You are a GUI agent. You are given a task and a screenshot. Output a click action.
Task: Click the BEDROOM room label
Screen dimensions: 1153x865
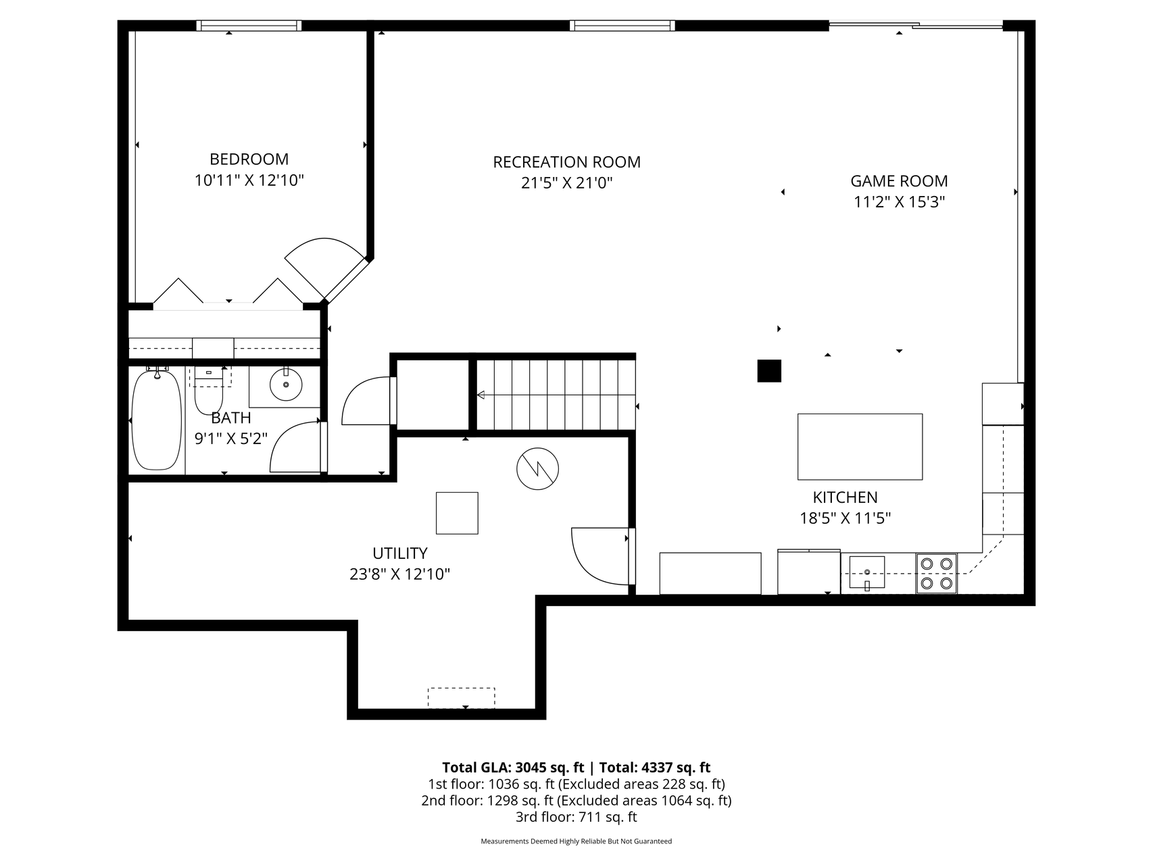tap(249, 159)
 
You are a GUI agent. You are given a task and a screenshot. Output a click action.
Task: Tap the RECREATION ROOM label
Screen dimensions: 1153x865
tap(566, 162)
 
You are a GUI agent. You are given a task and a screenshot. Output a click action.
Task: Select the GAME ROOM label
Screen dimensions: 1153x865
tap(899, 181)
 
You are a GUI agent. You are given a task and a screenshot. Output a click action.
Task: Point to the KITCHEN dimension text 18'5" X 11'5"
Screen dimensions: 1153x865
tap(845, 518)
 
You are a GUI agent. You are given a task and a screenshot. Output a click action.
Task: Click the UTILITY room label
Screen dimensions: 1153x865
tap(400, 553)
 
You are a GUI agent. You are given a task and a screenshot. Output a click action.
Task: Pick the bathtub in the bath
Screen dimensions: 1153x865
tap(157, 419)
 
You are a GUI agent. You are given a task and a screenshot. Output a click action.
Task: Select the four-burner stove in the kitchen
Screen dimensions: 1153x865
tap(936, 574)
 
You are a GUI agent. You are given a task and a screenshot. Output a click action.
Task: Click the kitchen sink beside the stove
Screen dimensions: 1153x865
tap(867, 573)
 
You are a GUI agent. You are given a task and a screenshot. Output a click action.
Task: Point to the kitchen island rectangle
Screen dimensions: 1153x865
tap(860, 447)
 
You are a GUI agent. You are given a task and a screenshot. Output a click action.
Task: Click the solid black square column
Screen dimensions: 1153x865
tap(769, 371)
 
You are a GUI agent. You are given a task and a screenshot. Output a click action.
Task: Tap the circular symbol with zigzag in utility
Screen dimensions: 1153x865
tap(538, 469)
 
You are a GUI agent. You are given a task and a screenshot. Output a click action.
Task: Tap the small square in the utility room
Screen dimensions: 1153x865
tap(457, 513)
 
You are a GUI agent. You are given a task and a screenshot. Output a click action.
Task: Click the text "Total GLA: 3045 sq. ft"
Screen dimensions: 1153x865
tap(513, 767)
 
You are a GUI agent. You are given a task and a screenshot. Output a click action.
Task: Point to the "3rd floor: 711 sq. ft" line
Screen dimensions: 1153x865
tap(576, 817)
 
